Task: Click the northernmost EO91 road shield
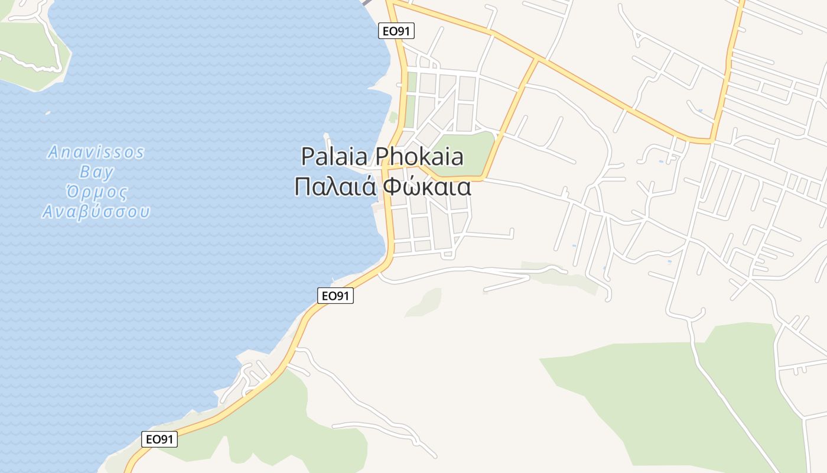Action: (x=396, y=31)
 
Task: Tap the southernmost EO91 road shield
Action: (x=159, y=439)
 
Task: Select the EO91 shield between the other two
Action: (x=336, y=296)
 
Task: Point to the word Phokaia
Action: (x=419, y=157)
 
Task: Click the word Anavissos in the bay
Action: (x=96, y=153)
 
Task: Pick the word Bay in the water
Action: (x=96, y=173)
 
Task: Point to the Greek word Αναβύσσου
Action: (x=96, y=212)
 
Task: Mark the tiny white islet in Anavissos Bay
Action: (x=47, y=112)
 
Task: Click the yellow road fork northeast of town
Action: (x=538, y=59)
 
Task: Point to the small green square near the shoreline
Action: (x=393, y=117)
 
